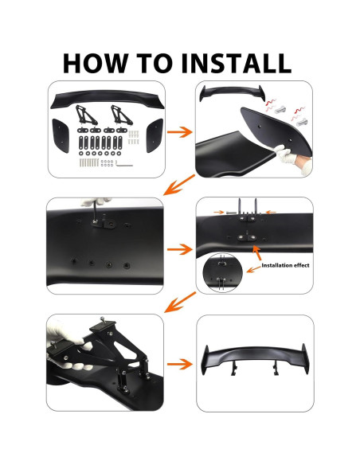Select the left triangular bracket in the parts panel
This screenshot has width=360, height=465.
(x=84, y=117)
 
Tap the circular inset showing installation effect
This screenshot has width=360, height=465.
(x=222, y=273)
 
